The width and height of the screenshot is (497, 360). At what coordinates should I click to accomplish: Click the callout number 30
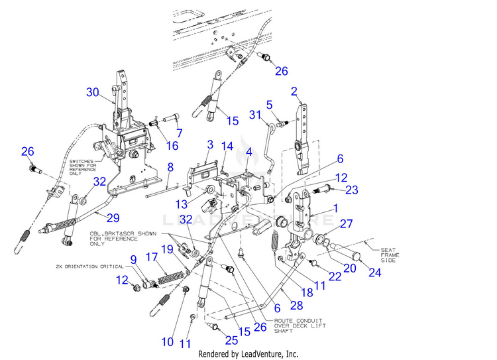92,91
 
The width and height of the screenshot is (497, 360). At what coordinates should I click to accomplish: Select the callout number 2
294,91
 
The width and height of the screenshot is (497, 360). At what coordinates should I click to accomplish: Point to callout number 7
178,132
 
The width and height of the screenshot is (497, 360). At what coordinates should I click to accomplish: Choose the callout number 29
113,217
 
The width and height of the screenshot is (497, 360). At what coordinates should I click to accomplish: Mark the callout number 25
230,340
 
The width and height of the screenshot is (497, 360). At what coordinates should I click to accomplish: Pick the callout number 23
352,190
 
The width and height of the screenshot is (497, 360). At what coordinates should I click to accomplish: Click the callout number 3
209,144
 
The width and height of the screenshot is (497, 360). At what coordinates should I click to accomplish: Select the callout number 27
347,223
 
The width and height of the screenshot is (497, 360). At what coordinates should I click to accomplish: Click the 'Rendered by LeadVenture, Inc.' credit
248,354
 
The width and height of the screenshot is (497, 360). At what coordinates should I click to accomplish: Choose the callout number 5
270,104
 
